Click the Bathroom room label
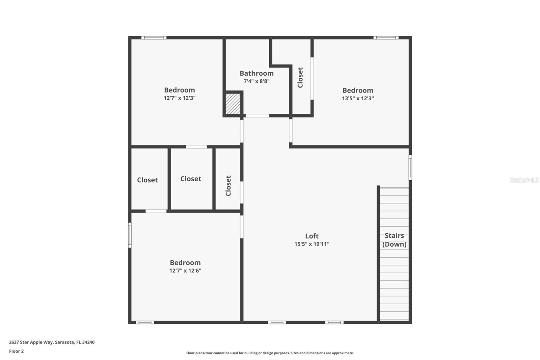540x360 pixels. click(256, 73)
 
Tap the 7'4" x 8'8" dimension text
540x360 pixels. click(256, 81)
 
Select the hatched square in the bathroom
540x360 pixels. click(233, 104)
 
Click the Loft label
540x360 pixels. click(312, 236)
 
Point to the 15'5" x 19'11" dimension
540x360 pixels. click(312, 244)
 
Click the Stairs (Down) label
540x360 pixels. click(394, 240)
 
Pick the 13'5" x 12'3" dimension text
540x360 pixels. click(358, 98)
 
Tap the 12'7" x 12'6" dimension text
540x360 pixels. click(185, 271)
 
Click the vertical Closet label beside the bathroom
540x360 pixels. click(300, 77)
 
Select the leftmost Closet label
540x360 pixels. click(147, 180)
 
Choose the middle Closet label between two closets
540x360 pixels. click(191, 179)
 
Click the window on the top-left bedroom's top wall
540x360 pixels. click(154, 37)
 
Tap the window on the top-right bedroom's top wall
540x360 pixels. click(386, 37)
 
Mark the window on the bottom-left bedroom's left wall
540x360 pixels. click(130, 235)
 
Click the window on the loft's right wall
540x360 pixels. click(410, 167)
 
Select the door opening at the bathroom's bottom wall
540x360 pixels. click(257, 116)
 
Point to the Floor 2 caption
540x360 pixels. click(16, 351)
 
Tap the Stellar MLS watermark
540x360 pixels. click(524, 180)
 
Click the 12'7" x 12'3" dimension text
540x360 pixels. click(180, 98)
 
